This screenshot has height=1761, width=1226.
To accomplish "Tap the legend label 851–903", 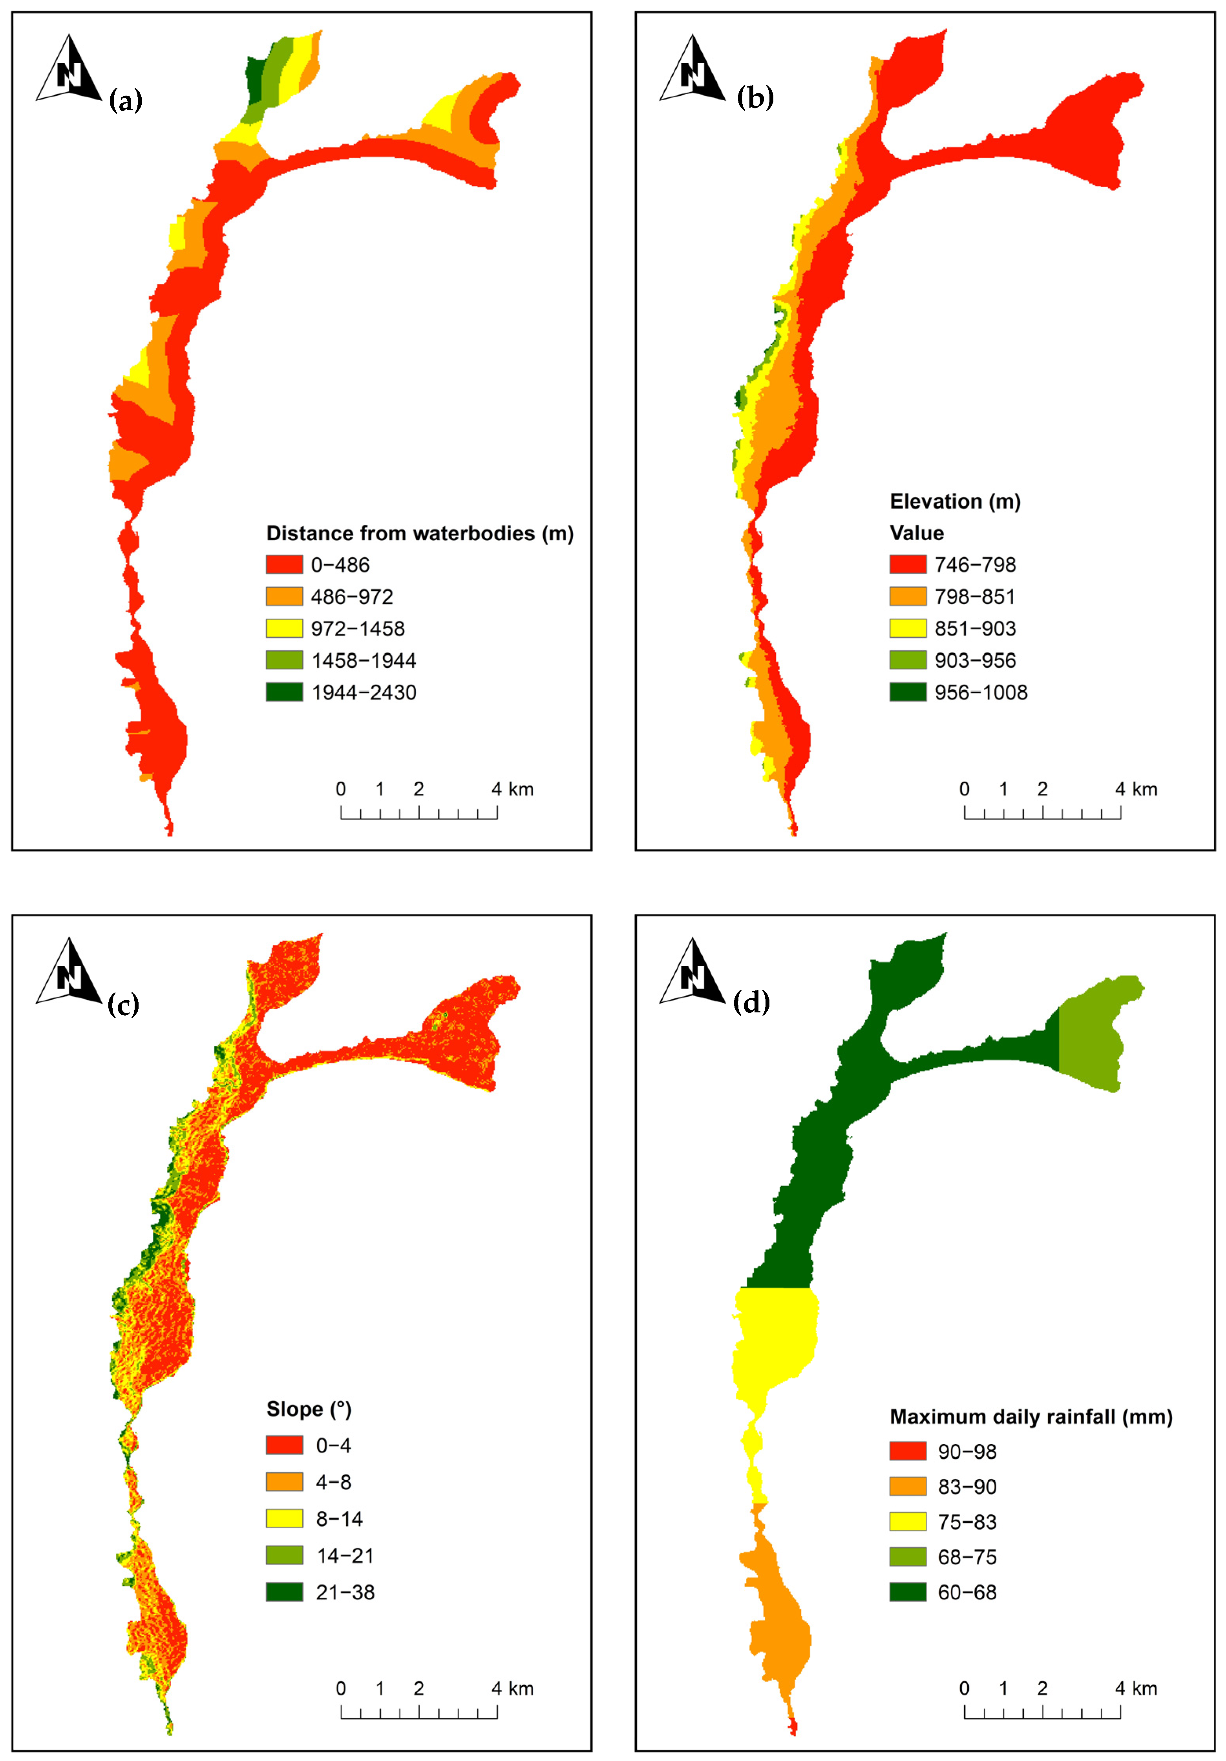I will [974, 629].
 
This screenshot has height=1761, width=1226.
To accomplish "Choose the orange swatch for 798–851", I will [908, 597].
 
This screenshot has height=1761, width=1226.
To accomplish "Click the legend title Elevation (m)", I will [954, 502].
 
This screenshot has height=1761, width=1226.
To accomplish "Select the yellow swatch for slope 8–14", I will [284, 1519].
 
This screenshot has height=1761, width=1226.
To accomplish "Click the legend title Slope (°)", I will [309, 1409].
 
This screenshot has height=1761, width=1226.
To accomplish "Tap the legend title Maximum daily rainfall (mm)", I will [1030, 1417].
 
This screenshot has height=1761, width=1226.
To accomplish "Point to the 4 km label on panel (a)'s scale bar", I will [512, 789].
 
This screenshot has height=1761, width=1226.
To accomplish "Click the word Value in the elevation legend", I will [916, 533].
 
